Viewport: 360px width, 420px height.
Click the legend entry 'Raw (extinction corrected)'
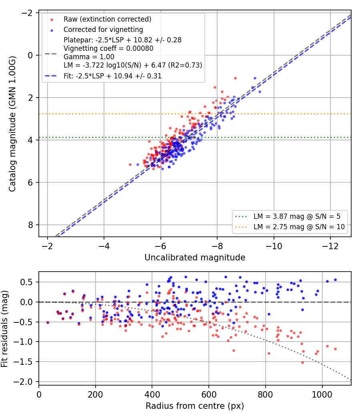pyautogui.click(x=107, y=19)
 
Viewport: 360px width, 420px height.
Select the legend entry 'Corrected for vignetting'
pyautogui.click(x=103, y=30)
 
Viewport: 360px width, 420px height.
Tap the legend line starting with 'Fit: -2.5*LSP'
pyautogui.click(x=112, y=76)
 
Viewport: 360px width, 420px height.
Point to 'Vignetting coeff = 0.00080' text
pyautogui.click(x=108, y=48)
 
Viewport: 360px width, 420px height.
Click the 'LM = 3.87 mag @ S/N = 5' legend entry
pyautogui.click(x=297, y=216)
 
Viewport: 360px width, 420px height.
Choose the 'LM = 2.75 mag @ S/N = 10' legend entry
pyautogui.click(x=299, y=227)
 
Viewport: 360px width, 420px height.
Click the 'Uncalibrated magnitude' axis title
pyautogui.click(x=195, y=258)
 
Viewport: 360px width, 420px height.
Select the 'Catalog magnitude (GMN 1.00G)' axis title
pyautogui.click(x=12, y=124)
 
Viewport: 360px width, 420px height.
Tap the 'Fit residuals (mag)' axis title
pyautogui.click(x=4, y=329)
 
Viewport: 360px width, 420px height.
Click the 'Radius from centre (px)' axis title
pyautogui.click(x=195, y=406)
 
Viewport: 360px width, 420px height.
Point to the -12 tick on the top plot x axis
pyautogui.click(x=330, y=246)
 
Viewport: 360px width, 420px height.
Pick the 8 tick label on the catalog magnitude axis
pyautogui.click(x=30, y=225)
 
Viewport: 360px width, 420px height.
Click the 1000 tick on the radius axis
pyautogui.click(x=322, y=394)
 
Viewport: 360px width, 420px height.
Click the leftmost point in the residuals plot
pyautogui.click(x=48, y=322)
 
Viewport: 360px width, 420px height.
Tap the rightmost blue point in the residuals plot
pyautogui.click(x=335, y=280)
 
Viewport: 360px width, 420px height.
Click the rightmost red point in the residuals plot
pyautogui.click(x=335, y=349)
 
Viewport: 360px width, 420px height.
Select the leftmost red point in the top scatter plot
pyautogui.click(x=130, y=165)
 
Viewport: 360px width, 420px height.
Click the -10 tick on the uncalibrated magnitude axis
pyautogui.click(x=274, y=246)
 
